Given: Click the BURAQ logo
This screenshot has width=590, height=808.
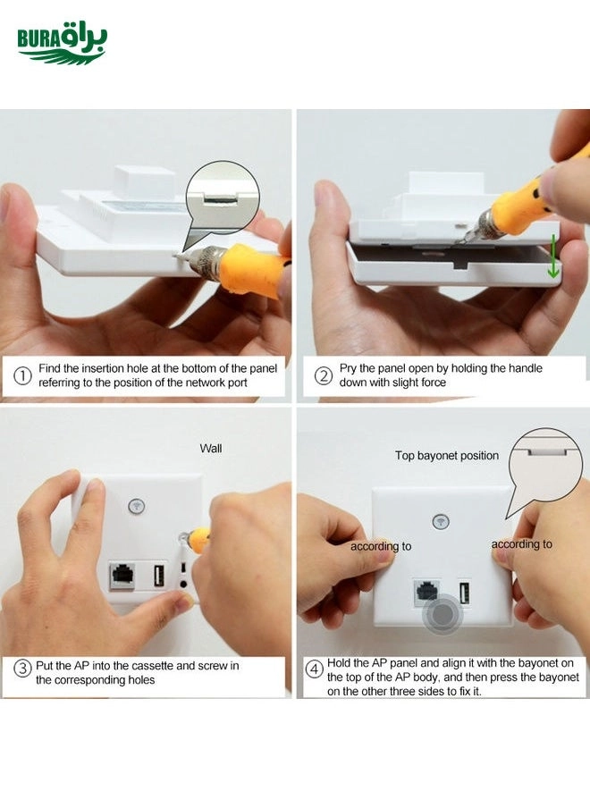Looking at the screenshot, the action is [62, 43].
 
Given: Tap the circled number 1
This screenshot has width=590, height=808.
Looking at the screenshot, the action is [22, 375].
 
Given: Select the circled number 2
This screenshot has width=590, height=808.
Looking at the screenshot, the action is [323, 375].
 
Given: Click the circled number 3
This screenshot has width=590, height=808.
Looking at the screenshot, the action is [22, 669].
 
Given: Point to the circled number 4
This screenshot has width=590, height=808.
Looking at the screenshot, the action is [315, 669].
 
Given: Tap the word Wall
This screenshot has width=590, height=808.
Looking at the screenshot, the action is [211, 449].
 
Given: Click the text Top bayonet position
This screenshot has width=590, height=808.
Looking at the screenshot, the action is [447, 456].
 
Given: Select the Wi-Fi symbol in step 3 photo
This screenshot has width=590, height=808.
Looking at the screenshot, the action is [136, 506].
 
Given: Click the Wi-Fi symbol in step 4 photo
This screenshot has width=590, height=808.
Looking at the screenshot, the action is [440, 521].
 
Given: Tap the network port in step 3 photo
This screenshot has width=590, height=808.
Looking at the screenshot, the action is [122, 577].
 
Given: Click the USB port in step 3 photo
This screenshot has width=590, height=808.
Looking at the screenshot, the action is [159, 575].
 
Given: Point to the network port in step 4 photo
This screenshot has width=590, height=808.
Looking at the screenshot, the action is [426, 592].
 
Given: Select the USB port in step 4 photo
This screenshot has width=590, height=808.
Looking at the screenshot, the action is [464, 593].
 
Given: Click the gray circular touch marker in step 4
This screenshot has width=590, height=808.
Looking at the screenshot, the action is [442, 614].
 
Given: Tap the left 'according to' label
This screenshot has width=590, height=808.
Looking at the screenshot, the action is [381, 546].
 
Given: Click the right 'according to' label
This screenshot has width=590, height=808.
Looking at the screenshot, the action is [521, 544].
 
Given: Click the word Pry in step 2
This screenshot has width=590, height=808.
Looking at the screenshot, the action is [348, 368].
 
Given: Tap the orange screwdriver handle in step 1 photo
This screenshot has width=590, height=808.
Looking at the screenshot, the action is [251, 270].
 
